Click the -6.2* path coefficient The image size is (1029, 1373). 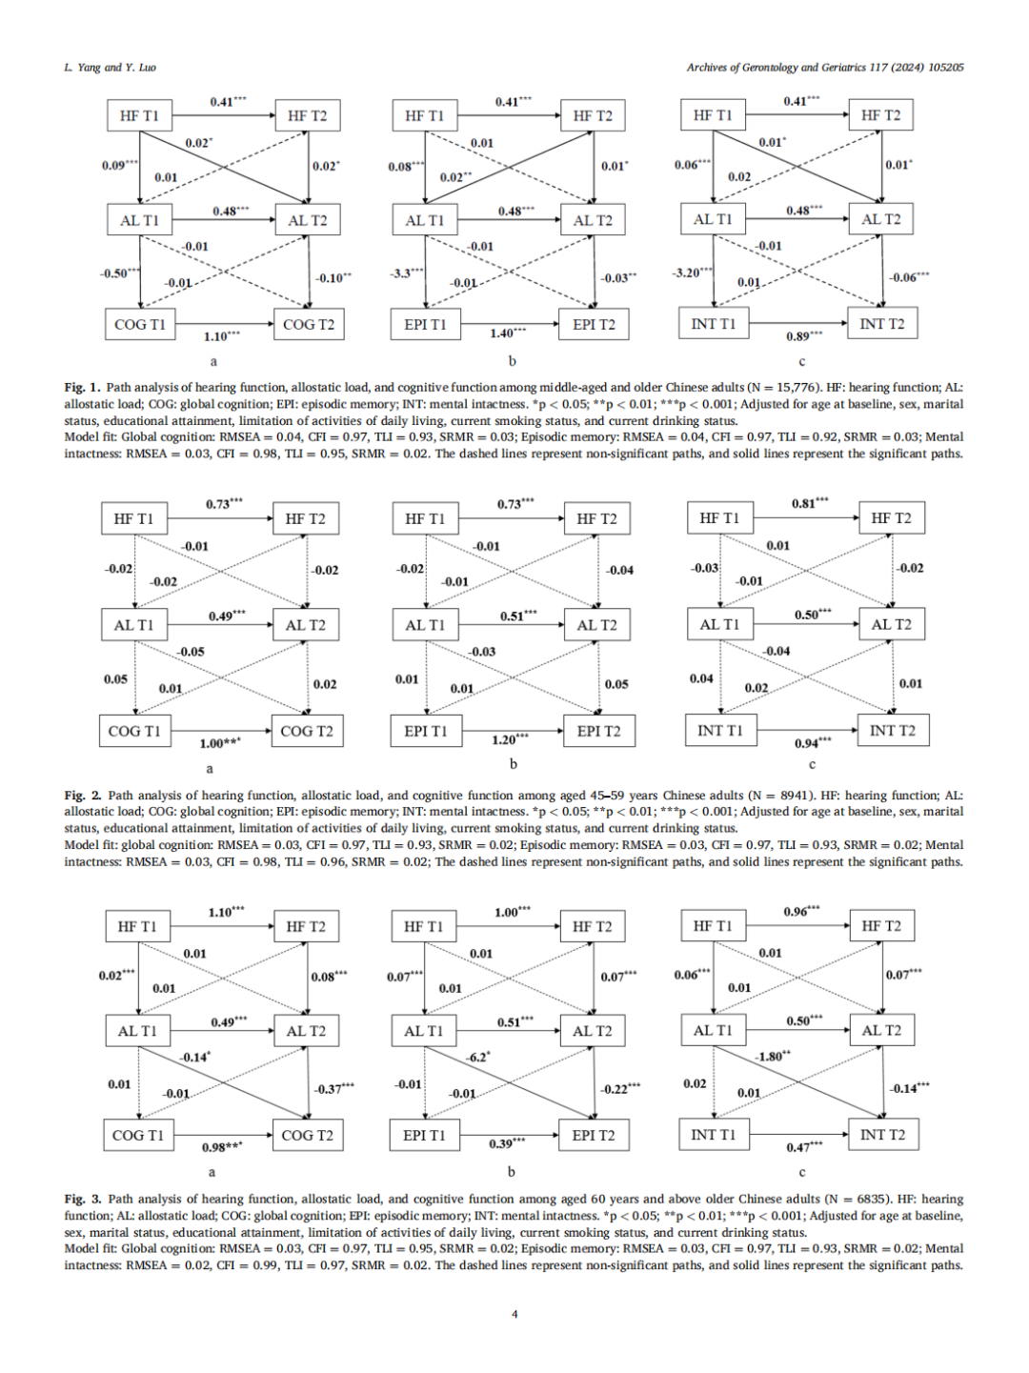point(477,1058)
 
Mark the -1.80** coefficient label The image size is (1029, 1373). point(772,1057)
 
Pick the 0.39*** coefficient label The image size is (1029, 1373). point(506,1143)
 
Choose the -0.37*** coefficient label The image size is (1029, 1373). point(333,1088)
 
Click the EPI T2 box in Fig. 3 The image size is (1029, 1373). point(594,1136)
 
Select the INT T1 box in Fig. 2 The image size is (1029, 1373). point(719,731)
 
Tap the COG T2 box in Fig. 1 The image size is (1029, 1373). point(309,325)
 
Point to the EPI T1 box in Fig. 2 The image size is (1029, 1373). point(425,732)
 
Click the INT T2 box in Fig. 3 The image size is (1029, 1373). point(882,1135)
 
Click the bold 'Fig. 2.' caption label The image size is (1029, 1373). point(83,796)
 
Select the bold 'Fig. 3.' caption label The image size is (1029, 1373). point(83,1200)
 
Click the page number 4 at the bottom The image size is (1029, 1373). point(514,1315)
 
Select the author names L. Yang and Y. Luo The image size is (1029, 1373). point(110,68)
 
